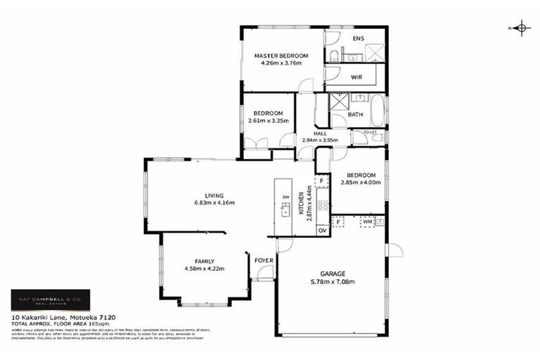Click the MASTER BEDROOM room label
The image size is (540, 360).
tap(281, 56)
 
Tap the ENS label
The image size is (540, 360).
tap(358, 38)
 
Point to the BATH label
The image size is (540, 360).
tap(355, 115)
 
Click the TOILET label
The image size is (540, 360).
tap(370, 132)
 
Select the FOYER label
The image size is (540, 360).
tap(264, 260)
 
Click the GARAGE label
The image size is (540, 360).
tap(333, 274)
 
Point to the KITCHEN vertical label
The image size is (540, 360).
tap(302, 205)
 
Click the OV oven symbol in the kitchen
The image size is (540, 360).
tap(322, 230)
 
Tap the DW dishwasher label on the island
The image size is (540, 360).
tap(285, 197)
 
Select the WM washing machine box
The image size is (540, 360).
tap(367, 221)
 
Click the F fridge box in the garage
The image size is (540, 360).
tap(338, 221)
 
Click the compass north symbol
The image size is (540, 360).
tap(520, 28)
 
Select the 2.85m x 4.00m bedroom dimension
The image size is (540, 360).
tap(360, 182)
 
